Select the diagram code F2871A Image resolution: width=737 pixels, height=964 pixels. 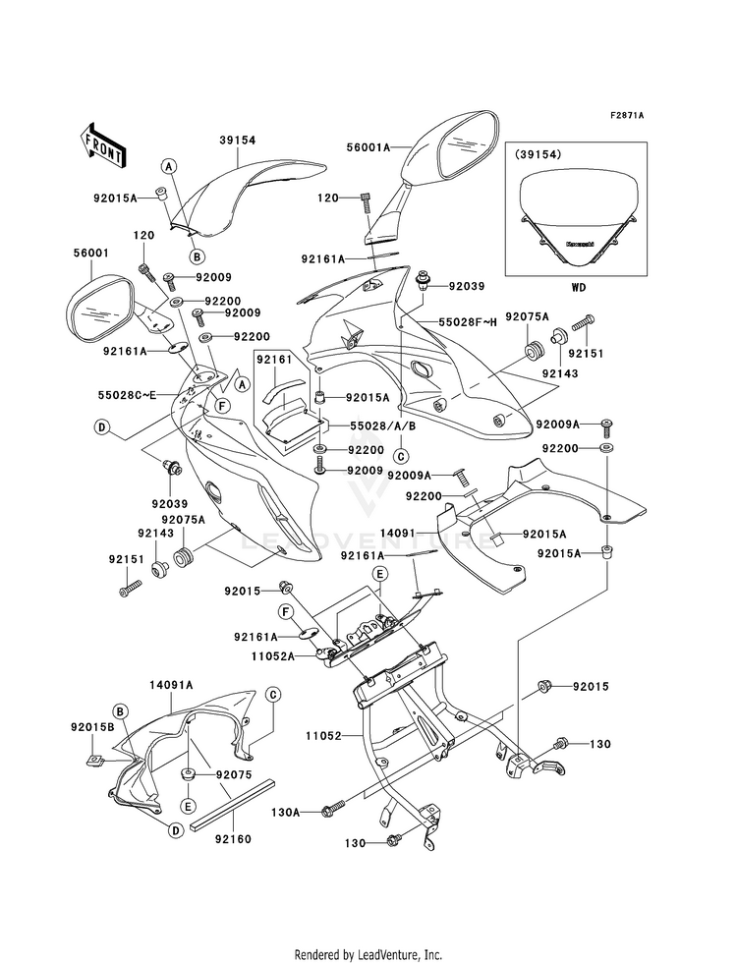point(626,116)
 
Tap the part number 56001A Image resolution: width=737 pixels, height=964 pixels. point(368,146)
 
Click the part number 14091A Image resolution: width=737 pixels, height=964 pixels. point(171,684)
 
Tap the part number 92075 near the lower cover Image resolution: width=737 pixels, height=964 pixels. point(235,773)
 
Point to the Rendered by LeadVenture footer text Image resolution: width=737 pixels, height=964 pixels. point(368,954)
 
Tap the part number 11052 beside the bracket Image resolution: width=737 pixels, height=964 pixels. point(324,734)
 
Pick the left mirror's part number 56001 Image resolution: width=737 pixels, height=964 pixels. point(91,253)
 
